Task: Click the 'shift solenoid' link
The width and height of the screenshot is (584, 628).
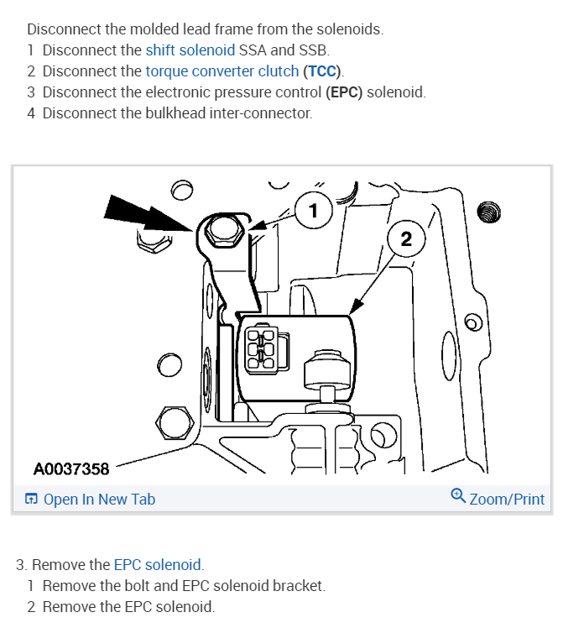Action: point(190,50)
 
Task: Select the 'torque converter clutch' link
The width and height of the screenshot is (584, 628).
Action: point(222,71)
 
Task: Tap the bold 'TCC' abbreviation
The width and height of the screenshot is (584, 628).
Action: point(323,71)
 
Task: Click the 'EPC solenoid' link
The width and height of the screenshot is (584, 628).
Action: point(158,564)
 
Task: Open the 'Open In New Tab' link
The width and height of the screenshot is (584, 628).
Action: point(99,500)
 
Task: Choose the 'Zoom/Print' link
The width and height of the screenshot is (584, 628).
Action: point(507,500)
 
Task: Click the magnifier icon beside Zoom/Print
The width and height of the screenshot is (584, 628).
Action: point(458,496)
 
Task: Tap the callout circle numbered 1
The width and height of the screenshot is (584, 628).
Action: point(313,210)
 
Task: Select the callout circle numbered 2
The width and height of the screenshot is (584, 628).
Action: point(406,239)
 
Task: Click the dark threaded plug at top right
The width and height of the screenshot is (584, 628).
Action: point(488,211)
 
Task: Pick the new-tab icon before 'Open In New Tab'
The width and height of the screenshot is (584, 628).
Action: point(31,500)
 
